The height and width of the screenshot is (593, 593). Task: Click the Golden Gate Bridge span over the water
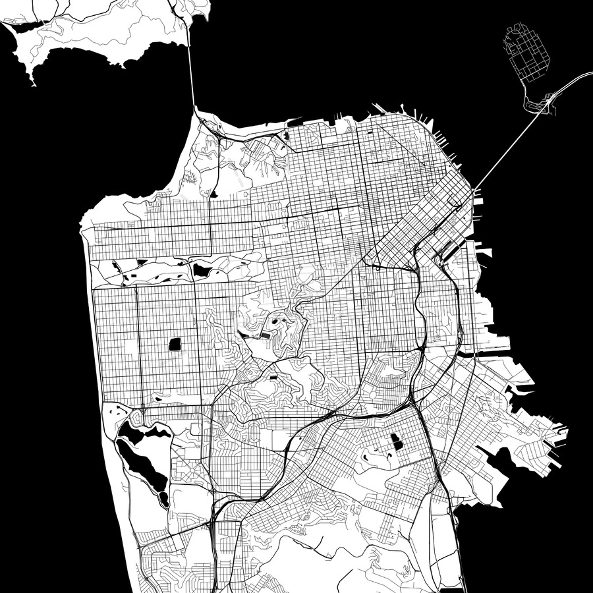(x=190, y=72)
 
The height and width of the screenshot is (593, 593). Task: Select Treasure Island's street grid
(x=527, y=53)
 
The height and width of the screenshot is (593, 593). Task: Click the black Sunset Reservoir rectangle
(x=175, y=343)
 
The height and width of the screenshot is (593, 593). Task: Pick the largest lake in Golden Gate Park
(x=200, y=270)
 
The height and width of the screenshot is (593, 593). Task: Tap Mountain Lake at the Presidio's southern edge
(x=213, y=194)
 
